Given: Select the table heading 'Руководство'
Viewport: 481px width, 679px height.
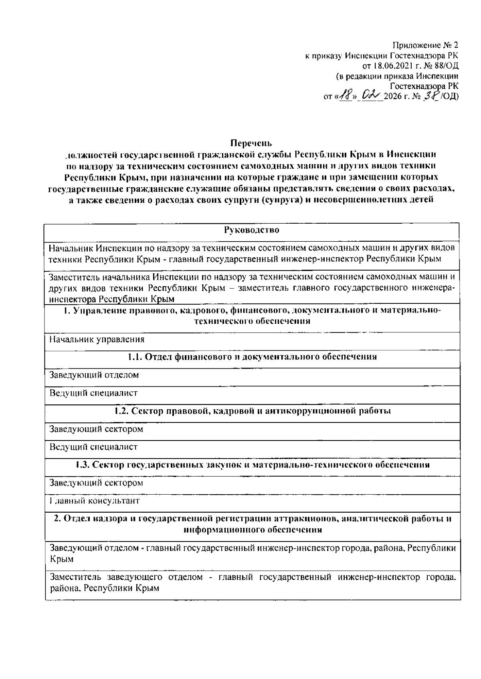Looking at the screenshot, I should click(x=252, y=230).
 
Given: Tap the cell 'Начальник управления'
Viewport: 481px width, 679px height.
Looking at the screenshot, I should click(x=97, y=339).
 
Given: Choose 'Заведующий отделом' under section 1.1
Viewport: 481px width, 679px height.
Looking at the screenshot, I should click(x=94, y=375).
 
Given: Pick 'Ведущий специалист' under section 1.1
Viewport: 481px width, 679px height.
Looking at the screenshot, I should click(x=93, y=393).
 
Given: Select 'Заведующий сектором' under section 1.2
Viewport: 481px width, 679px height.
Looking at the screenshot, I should click(x=96, y=429).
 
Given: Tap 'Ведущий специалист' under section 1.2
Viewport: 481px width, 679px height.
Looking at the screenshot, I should click(x=93, y=447).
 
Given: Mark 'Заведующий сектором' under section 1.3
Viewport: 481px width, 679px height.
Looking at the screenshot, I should click(x=96, y=483).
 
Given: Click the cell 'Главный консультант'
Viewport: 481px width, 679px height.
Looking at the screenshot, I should click(x=94, y=501).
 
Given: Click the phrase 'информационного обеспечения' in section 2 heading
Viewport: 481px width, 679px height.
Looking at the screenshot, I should click(x=253, y=530).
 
